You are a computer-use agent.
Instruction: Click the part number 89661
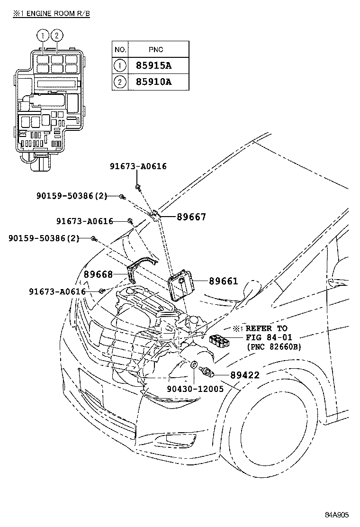click(x=223, y=281)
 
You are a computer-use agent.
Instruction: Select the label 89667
click(x=191, y=217)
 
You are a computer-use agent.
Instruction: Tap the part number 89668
click(x=98, y=274)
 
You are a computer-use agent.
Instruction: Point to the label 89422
click(x=245, y=375)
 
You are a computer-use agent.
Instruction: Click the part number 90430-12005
click(x=195, y=388)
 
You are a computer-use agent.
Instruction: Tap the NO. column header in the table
click(x=120, y=49)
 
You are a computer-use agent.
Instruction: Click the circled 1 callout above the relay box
click(x=43, y=35)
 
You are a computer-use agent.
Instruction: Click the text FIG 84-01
click(x=269, y=337)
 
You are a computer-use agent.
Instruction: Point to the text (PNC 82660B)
click(x=273, y=347)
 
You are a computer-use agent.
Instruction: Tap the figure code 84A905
click(x=336, y=515)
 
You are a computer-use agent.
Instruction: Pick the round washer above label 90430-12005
click(x=194, y=365)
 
